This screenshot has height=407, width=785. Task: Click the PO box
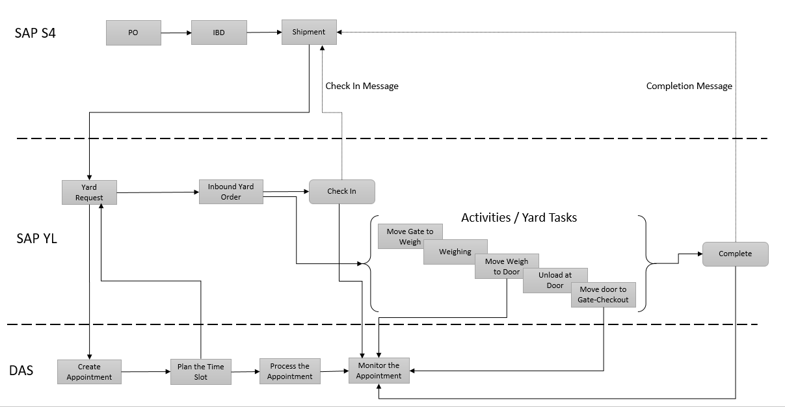[x=133, y=33]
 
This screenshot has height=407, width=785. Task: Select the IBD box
[x=219, y=33]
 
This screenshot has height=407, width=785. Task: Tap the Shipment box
[x=309, y=32]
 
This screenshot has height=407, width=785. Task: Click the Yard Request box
[x=89, y=192]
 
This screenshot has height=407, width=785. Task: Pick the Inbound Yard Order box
[x=231, y=192]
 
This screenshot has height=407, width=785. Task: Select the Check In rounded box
[x=341, y=191]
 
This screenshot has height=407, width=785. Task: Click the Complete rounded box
[x=735, y=254]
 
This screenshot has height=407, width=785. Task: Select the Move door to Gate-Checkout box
[x=603, y=295]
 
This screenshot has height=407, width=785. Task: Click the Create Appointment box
[x=89, y=371]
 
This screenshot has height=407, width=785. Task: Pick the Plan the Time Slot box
[x=200, y=371]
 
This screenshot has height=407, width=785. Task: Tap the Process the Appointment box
[x=289, y=371]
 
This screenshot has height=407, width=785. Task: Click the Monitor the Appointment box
[x=379, y=370]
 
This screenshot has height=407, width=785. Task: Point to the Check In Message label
[x=362, y=86]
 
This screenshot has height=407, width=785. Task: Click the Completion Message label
[x=689, y=86]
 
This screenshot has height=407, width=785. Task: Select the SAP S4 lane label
[x=35, y=33]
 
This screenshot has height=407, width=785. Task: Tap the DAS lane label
[x=21, y=371]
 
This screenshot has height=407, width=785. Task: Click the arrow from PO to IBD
[x=176, y=33]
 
